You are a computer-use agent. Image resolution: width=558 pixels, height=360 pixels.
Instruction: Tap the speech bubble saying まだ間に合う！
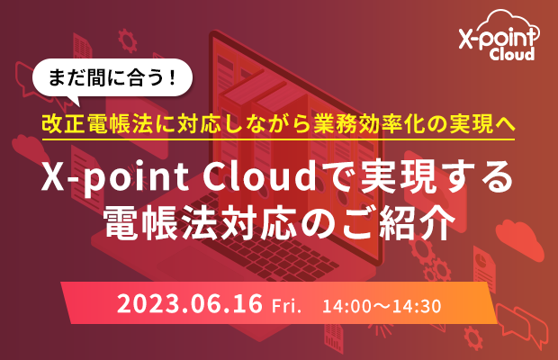112,78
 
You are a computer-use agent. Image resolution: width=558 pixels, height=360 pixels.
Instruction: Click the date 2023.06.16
190,304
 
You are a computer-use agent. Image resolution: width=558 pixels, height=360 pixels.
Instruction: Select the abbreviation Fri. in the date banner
286,306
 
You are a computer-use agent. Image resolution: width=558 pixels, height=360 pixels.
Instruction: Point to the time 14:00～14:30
382,306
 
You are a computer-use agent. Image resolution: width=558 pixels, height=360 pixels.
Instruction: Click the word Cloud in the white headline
260,177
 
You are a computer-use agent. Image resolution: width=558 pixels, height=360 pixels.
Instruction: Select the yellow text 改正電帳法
97,124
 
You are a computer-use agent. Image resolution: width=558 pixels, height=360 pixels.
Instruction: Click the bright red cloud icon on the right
519,239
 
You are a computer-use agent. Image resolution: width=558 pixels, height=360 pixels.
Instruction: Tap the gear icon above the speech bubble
128,40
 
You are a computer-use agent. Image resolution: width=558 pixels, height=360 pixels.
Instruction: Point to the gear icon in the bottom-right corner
473,337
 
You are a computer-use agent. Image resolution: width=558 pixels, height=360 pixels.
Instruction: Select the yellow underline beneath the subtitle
278,139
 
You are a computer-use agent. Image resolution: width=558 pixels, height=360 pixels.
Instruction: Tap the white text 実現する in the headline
437,177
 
